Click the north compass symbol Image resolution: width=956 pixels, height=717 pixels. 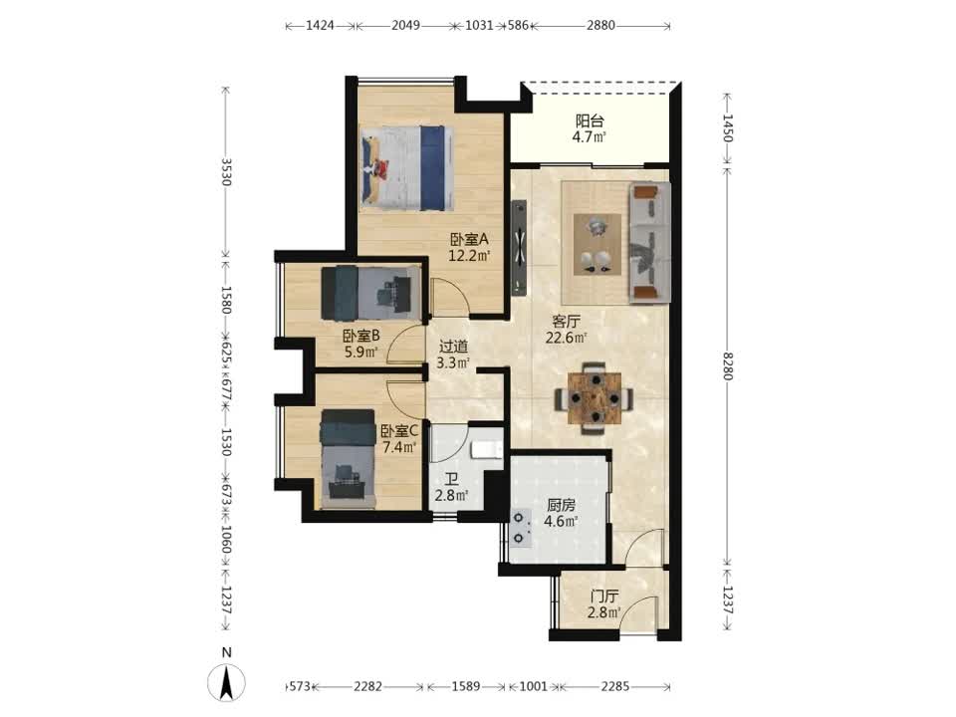point(227,681)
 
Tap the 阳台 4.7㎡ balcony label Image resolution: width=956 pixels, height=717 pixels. point(589,128)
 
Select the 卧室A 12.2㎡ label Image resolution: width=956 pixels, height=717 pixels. point(469,248)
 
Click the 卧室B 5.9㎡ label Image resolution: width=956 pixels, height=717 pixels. point(360,344)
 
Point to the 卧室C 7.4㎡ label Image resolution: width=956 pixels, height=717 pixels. point(399,439)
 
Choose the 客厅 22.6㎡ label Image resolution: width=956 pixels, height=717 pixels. point(566,330)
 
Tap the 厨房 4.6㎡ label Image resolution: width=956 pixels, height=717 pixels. point(561,514)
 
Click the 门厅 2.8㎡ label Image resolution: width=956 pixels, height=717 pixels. point(604,604)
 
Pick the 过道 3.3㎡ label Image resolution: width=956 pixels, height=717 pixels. point(453,355)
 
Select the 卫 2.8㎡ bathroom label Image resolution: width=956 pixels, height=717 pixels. point(451,488)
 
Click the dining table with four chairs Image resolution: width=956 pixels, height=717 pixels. point(594,398)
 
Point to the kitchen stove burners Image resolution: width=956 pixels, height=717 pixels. point(520,528)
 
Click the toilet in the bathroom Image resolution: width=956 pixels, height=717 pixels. point(487,450)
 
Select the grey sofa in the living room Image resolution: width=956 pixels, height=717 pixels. point(650,242)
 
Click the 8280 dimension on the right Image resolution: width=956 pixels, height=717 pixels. point(727,365)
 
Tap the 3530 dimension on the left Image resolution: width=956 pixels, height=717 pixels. point(226,172)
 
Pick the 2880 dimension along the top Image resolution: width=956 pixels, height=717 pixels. point(600,25)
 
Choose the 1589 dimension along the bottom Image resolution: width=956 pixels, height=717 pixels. point(466,686)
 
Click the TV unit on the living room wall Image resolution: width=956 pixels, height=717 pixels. point(519,247)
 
